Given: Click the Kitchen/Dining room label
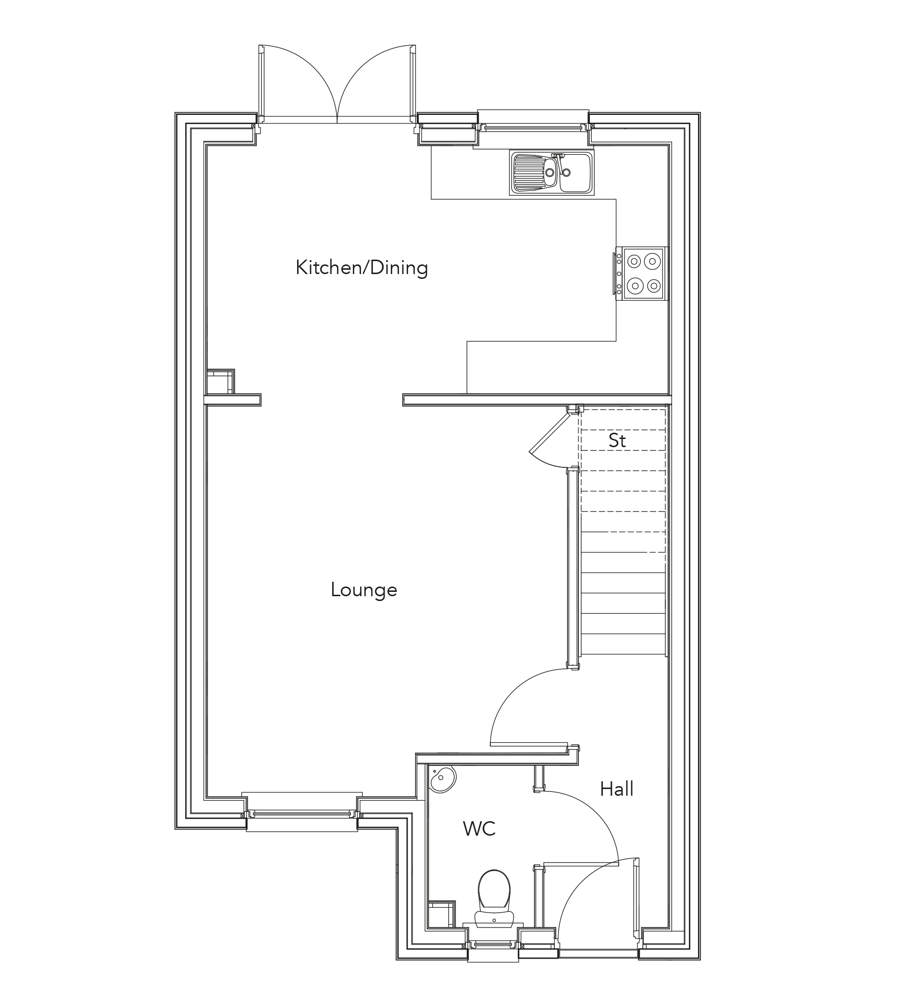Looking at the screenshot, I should (362, 268).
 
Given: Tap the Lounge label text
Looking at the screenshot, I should (364, 590).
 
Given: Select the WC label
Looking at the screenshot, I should (479, 829).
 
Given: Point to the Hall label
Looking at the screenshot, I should (616, 789).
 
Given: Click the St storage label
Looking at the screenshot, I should (617, 440).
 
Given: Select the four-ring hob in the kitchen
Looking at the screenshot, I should (644, 274).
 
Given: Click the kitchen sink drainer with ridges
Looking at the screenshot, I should (530, 173).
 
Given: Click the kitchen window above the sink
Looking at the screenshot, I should (533, 128).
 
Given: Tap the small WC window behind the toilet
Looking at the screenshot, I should (493, 944).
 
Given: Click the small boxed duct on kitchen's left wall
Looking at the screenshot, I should (220, 382).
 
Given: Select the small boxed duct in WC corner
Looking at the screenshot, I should (441, 914).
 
